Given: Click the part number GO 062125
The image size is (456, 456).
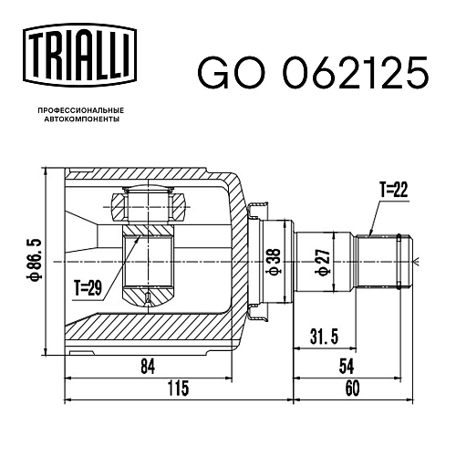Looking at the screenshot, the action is point(313,73).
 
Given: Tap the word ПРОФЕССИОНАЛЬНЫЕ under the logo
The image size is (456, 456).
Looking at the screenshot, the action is point(81,110).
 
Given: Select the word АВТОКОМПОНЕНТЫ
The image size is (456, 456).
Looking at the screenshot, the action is point(82,119).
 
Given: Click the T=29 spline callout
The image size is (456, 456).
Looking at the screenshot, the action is point(88,287).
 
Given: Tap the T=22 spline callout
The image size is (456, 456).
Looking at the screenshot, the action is point(393,190).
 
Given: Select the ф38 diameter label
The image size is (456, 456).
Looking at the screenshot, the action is point(275,262).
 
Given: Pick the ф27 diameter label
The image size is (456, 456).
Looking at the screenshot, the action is point(323,262).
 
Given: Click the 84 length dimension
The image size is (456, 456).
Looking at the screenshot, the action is point(148,366).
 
